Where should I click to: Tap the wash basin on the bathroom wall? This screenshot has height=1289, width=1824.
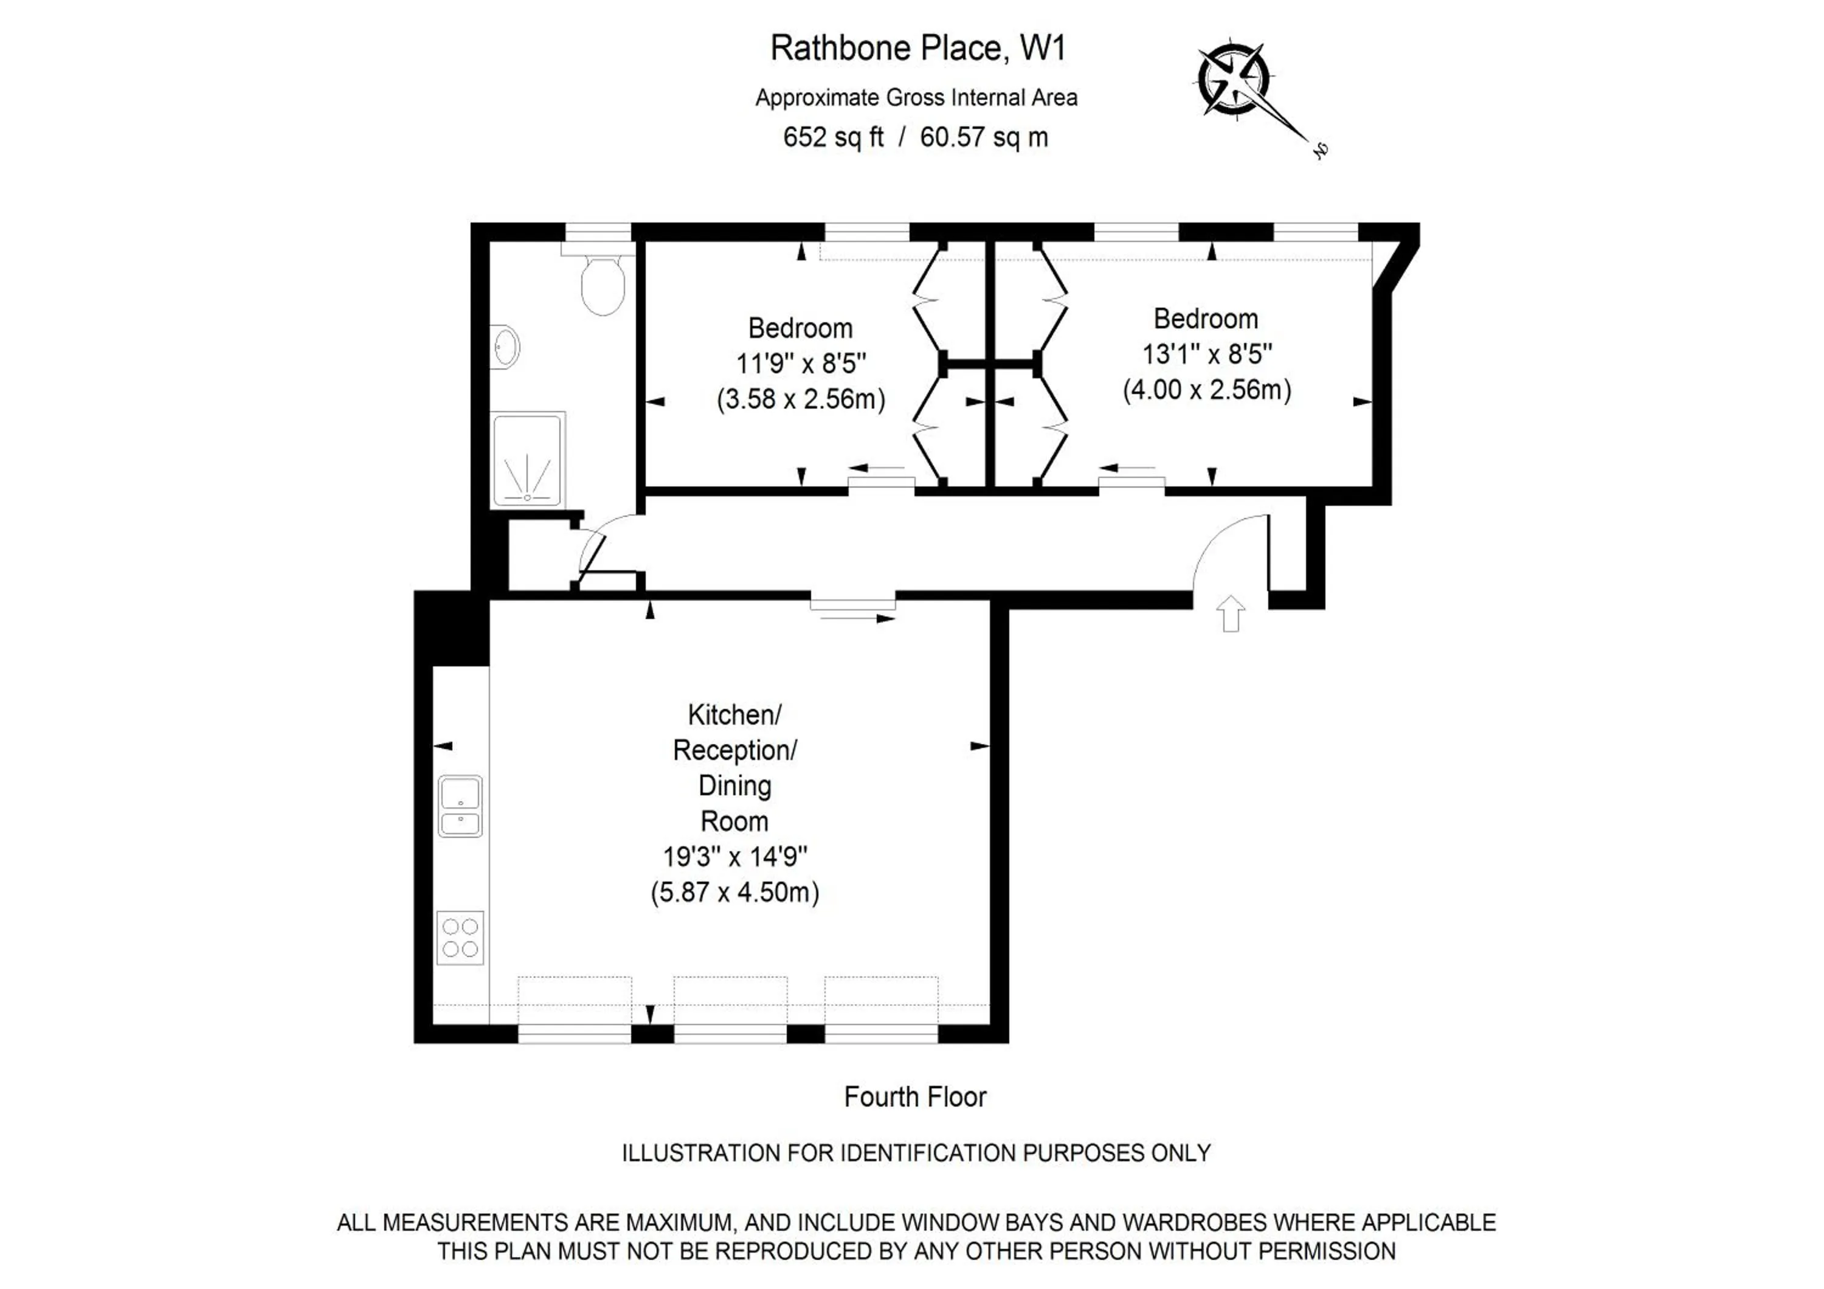click(505, 347)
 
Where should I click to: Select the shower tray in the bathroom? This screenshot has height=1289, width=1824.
click(528, 459)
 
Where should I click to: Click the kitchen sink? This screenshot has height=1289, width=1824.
click(460, 806)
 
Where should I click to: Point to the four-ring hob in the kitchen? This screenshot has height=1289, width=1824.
click(460, 937)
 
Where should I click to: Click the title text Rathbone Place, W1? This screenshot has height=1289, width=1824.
click(917, 49)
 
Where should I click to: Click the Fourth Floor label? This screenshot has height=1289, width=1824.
click(915, 1097)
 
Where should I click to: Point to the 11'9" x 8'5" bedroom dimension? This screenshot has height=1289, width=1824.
click(801, 364)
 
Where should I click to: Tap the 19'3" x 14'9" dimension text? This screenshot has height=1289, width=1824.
click(735, 857)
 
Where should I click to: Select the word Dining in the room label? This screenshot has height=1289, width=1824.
click(735, 786)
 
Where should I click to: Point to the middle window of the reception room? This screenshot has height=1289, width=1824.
click(730, 1032)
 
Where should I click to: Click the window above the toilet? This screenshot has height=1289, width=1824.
click(598, 232)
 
